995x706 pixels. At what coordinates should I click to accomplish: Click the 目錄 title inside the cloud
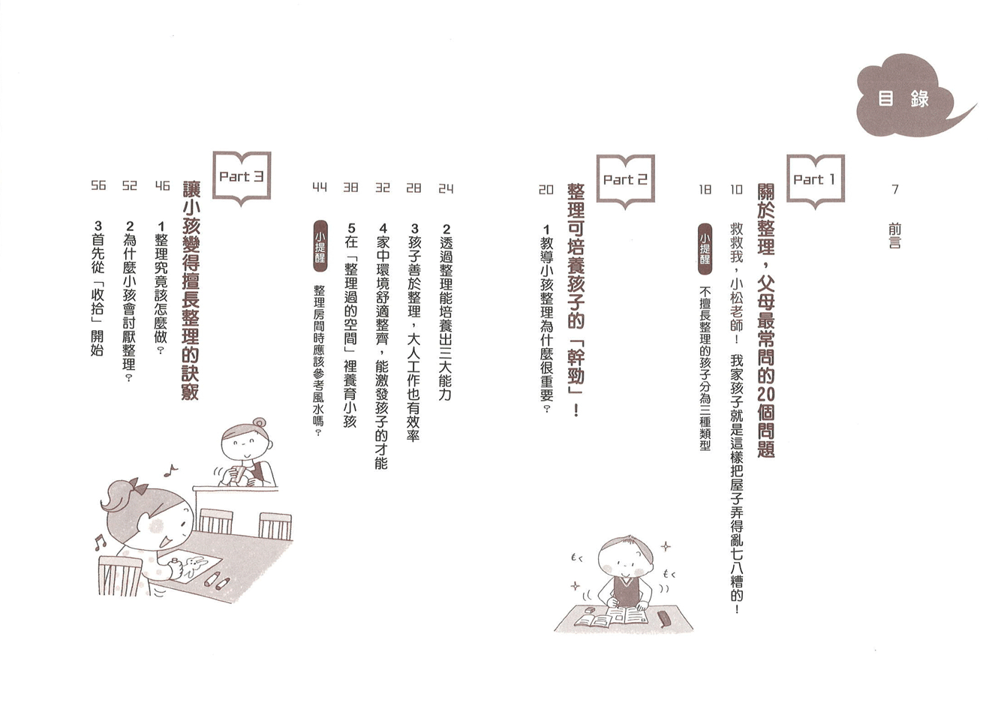click(903, 98)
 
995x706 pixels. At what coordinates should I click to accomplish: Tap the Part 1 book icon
click(815, 181)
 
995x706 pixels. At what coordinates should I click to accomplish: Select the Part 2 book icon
click(625, 181)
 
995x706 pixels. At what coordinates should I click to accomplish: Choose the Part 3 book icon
click(242, 179)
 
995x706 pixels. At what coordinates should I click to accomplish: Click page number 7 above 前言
click(895, 190)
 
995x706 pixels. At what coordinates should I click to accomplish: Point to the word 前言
click(895, 236)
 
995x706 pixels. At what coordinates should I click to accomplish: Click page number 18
click(705, 190)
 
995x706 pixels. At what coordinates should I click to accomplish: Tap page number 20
click(546, 190)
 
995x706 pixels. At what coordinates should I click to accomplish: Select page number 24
click(446, 189)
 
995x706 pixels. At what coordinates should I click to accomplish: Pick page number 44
click(320, 188)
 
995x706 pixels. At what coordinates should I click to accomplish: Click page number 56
click(98, 185)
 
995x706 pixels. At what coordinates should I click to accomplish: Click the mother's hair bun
click(260, 422)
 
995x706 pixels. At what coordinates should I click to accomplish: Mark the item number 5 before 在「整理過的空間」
click(351, 228)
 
